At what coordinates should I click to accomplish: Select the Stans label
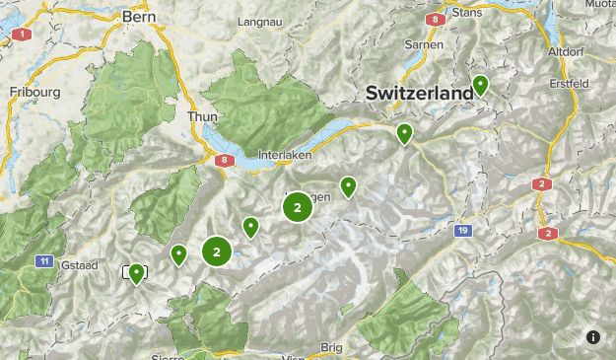[x=466, y=13]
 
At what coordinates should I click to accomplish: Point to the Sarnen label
[x=424, y=44]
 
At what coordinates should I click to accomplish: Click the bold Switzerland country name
[x=419, y=93]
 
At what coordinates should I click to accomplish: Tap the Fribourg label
[x=34, y=92]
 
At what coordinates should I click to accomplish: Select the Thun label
[x=202, y=116]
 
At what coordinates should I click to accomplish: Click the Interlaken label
[x=284, y=155]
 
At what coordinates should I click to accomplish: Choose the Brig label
[x=331, y=347]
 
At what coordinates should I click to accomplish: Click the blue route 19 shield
[x=463, y=231]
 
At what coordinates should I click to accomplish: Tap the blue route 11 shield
[x=44, y=260]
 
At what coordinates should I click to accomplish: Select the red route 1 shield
[x=18, y=35]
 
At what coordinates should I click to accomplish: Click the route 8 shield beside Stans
[x=434, y=18]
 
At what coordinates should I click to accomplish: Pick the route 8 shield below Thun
[x=226, y=161]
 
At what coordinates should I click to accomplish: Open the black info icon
[x=593, y=337]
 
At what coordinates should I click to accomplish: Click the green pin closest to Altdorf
[x=480, y=86]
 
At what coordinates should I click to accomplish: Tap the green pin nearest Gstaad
[x=136, y=273]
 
